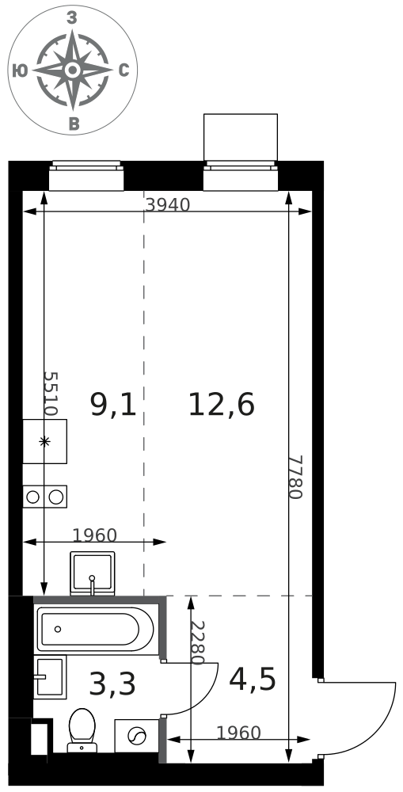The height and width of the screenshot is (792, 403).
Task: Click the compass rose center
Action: point(73,70)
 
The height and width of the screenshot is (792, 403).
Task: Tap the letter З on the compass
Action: point(72,18)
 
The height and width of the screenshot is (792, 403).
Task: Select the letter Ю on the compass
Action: point(20,71)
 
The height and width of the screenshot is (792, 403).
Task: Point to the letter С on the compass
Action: point(124,70)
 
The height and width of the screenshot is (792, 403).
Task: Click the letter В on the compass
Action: point(74,124)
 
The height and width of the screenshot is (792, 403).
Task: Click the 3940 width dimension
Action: point(168,205)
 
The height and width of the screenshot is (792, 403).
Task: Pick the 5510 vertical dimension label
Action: point(51,393)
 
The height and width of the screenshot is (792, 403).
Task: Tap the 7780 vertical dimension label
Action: point(295,477)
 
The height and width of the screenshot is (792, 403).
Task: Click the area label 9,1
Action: point(113,405)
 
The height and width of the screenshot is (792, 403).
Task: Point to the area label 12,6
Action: point(221,405)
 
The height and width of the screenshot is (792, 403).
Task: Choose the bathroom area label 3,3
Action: point(112,685)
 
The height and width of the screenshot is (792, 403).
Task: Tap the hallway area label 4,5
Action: point(253,680)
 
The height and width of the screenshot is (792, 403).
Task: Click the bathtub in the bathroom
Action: point(96,630)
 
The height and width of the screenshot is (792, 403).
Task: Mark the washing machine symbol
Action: point(136,736)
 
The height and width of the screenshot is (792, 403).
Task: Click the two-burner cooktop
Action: point(44,497)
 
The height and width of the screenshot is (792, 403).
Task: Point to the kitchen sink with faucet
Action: point(93,573)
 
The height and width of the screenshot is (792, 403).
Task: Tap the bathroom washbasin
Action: point(50,677)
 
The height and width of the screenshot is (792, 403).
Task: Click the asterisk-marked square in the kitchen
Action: point(44,441)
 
